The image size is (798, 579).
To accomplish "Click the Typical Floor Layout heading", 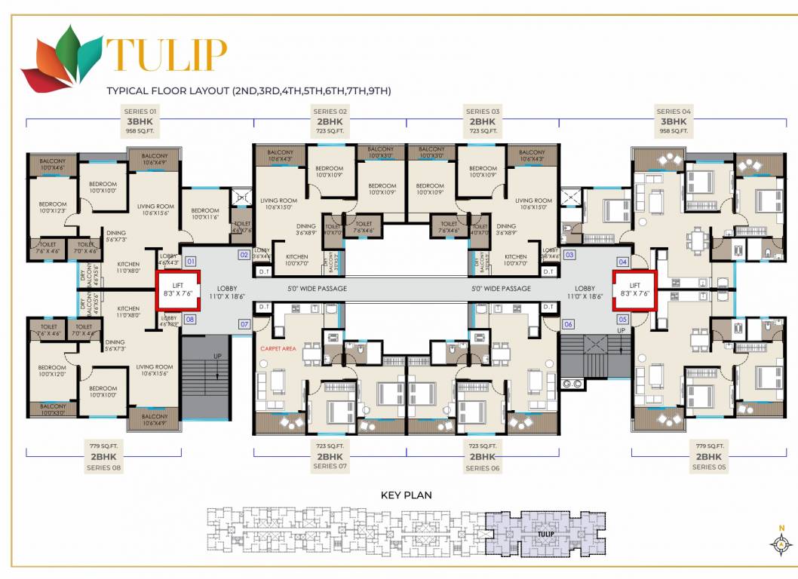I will pos(249,91).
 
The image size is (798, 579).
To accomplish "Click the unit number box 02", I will pos(244,255).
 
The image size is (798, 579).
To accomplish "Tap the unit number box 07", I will pos(244,324).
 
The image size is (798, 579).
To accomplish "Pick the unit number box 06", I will pos(568,324).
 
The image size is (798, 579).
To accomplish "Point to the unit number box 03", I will pos(569,255).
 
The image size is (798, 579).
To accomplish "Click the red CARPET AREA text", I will pos(278,349).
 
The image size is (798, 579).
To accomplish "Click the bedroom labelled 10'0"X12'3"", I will pos(53,208).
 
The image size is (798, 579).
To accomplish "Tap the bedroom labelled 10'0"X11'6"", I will pos(204,214).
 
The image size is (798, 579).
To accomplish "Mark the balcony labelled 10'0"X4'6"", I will pos(53,164).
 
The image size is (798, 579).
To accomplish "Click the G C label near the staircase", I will pos(571,384).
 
